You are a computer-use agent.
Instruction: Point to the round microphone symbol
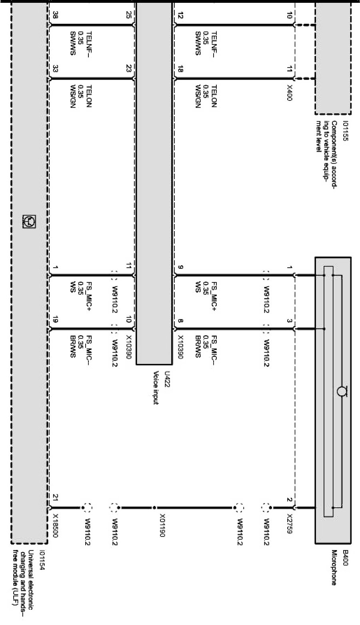(x=341, y=391)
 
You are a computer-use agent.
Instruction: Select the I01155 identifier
(x=346, y=128)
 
